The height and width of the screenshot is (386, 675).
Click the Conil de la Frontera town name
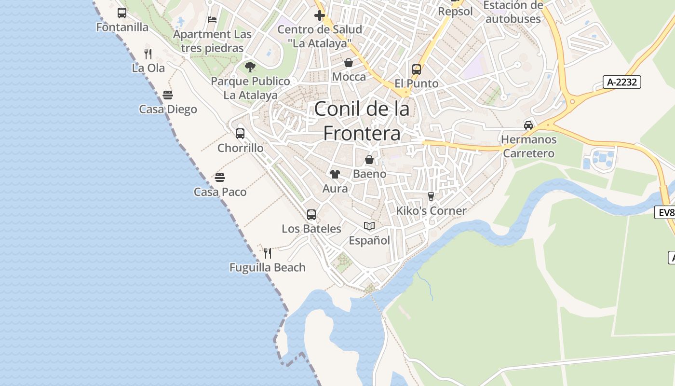(362, 121)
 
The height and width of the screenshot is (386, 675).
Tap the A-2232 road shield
(622, 82)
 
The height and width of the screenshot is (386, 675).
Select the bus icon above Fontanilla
(122, 13)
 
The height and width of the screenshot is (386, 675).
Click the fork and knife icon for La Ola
(148, 54)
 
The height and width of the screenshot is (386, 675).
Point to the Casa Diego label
(168, 110)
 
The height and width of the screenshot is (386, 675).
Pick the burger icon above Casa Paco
(220, 178)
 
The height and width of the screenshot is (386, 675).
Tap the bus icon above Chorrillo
(240, 134)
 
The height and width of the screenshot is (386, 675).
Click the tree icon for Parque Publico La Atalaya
(250, 67)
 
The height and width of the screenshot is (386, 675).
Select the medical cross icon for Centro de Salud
(319, 15)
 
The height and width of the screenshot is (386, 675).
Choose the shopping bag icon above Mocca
(349, 63)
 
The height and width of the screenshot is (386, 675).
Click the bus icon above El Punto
(417, 69)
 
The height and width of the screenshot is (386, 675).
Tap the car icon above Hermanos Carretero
(528, 125)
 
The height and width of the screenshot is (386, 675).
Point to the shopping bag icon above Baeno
(369, 160)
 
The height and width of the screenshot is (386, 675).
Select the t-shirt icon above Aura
(335, 174)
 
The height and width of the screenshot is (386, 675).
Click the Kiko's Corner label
(431, 211)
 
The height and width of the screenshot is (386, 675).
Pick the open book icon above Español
(369, 226)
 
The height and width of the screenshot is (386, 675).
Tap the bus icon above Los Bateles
(311, 215)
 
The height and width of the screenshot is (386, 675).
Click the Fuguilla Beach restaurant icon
(268, 253)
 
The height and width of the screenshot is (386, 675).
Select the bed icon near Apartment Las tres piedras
(212, 20)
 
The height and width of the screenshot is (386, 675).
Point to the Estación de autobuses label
(513, 12)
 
